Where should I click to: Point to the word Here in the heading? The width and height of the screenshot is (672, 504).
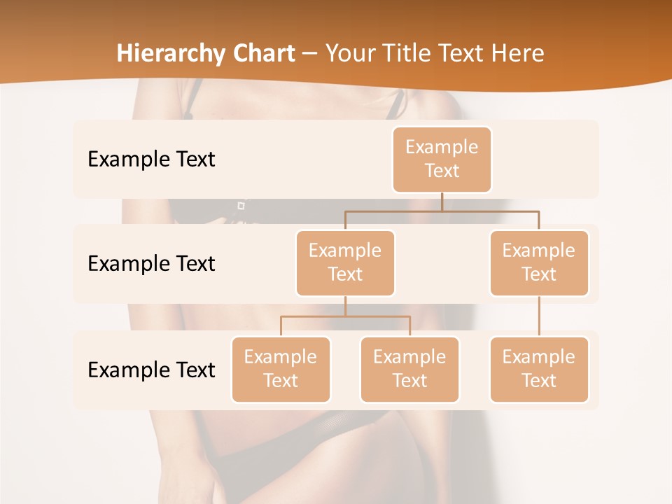[x=518, y=53]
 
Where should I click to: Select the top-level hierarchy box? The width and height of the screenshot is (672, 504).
[x=442, y=159]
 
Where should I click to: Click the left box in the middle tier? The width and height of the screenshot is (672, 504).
[x=345, y=262]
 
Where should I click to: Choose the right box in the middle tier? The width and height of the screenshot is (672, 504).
[x=539, y=262]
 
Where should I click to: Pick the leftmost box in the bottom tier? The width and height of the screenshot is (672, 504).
[x=281, y=369]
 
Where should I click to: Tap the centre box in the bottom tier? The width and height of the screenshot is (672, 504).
[x=409, y=369]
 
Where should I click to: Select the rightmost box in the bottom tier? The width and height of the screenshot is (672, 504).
[x=539, y=369]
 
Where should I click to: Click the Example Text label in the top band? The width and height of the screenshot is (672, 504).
[x=151, y=159]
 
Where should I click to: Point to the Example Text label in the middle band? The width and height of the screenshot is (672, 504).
[x=151, y=263]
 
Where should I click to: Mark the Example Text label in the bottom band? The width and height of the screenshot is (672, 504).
[x=151, y=370]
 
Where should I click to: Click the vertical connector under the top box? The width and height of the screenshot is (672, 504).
[x=442, y=202]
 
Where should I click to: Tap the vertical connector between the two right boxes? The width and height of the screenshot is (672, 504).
[x=539, y=316]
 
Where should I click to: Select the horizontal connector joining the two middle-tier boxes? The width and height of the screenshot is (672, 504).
[x=442, y=211]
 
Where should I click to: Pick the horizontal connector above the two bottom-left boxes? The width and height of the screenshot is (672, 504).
[x=345, y=316]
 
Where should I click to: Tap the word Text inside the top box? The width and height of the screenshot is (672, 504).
[x=442, y=171]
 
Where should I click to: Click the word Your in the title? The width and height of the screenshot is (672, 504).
[x=348, y=53]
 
